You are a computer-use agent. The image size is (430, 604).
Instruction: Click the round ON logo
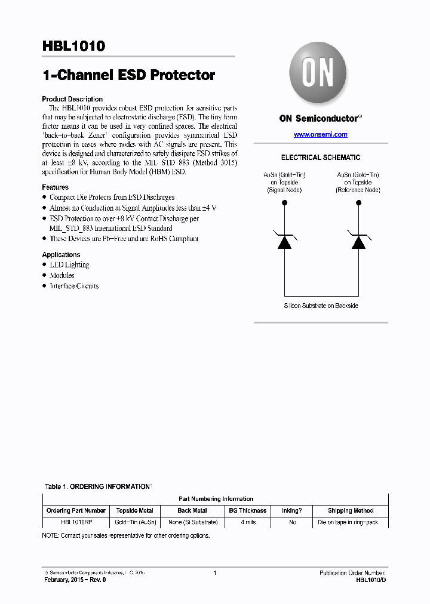pyautogui.click(x=317, y=73)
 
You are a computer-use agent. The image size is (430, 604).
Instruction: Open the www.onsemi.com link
pyautogui.click(x=320, y=135)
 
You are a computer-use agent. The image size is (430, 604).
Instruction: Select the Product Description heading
pyautogui.click(x=72, y=99)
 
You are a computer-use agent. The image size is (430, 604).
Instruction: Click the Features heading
pyautogui.click(x=55, y=187)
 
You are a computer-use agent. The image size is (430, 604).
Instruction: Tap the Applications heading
pyautogui.click(x=61, y=255)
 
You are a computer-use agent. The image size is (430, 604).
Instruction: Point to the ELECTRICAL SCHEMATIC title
pyautogui.click(x=321, y=158)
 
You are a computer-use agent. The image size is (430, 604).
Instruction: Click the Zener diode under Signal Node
pyautogui.click(x=284, y=241)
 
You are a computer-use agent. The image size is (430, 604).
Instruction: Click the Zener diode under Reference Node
pyautogui.click(x=358, y=241)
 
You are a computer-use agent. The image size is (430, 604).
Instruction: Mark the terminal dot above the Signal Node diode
pyautogui.click(x=284, y=203)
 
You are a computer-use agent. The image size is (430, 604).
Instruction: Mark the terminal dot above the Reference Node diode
pyautogui.click(x=358, y=203)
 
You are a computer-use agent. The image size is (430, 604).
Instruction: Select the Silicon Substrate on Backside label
pyautogui.click(x=321, y=306)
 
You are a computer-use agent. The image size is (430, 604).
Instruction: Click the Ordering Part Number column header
pyautogui.click(x=76, y=511)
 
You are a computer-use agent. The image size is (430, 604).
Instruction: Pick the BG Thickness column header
pyautogui.click(x=247, y=511)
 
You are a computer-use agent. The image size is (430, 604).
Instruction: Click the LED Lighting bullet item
pyautogui.click(x=69, y=265)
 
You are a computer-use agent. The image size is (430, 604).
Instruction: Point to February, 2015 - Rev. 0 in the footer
pyautogui.click(x=75, y=580)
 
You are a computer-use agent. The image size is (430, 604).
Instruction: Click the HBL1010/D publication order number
pyautogui.click(x=371, y=580)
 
